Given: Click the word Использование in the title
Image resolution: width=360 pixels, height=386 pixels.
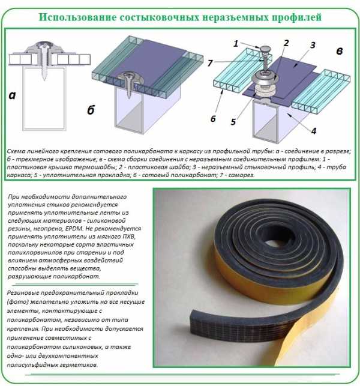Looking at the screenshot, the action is coord(77,17).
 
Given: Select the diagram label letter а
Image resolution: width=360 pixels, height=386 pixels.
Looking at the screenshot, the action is coord(12,95).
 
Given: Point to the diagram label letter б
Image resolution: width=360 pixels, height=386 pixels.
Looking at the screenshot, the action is coord(91,109).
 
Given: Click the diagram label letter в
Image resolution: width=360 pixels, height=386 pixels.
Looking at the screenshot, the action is coord(340,51).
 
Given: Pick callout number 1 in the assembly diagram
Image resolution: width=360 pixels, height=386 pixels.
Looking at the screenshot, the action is coord(236,44).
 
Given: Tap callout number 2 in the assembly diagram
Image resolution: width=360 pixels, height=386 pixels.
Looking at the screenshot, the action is coord(286,43).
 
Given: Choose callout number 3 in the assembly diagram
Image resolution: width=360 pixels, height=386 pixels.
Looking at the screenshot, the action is coord(313,45).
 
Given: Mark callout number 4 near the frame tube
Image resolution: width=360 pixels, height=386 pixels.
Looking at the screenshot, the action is coord(314,131).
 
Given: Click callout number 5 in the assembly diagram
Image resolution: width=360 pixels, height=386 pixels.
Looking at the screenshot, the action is coord(233,122).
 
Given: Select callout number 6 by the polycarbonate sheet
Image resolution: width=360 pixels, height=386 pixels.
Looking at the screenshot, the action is coord(213,119).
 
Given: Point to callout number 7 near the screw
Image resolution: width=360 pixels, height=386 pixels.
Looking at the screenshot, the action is coord(209,63).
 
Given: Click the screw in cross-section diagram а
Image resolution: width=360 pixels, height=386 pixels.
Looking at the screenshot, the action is coord(44,62).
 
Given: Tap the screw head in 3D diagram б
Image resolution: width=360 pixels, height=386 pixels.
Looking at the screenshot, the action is coord(128,75).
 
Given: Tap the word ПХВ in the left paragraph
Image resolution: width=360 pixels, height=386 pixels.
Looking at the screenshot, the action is coord(128,237).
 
